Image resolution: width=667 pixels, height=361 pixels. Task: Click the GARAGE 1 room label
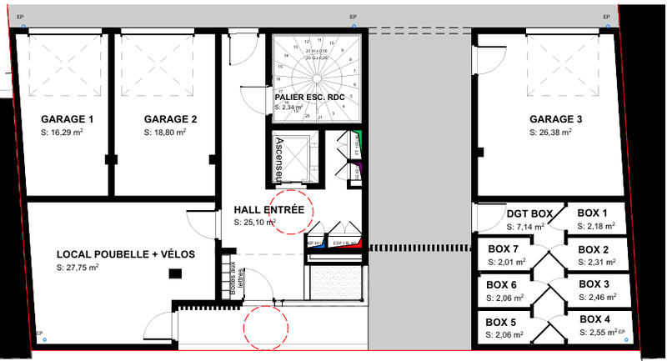68,119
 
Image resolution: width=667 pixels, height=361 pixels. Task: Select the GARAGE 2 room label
170,119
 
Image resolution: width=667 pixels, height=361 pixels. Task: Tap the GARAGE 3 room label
555,119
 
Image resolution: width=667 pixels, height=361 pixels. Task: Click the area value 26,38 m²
551,133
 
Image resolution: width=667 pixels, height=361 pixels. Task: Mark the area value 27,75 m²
78,268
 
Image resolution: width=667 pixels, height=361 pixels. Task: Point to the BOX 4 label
594,319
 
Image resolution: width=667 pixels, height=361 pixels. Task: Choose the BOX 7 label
503,249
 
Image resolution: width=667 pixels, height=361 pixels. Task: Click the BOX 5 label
502,321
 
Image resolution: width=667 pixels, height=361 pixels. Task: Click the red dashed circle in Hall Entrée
291,212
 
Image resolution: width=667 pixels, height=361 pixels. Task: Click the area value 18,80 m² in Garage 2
165,133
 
